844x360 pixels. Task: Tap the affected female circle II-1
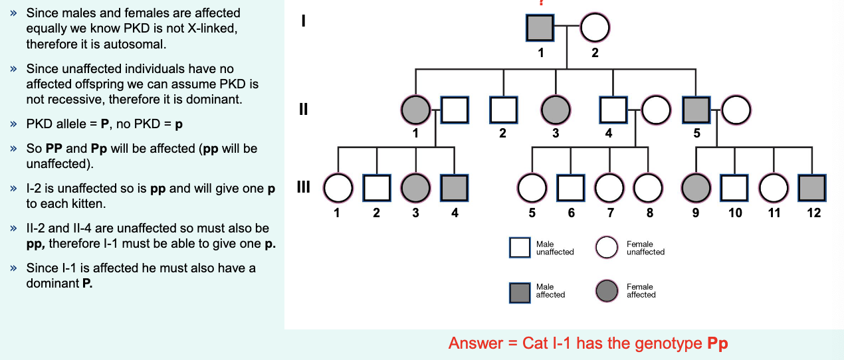416,110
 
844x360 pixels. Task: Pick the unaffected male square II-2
503,110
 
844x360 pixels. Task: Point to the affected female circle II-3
555,110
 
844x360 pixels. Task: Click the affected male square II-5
696,110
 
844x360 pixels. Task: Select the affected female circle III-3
416,189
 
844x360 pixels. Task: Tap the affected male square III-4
455,189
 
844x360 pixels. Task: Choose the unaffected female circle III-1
338,189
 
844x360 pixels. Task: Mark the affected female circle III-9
696,189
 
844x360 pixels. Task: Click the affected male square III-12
813,189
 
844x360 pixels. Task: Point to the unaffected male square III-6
571,189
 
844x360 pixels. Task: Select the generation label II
303,109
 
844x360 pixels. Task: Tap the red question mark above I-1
541,3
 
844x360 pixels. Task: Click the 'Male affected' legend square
520,291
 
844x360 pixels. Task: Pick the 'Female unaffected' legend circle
607,248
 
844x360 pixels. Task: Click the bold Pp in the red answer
718,344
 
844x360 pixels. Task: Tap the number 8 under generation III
649,213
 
